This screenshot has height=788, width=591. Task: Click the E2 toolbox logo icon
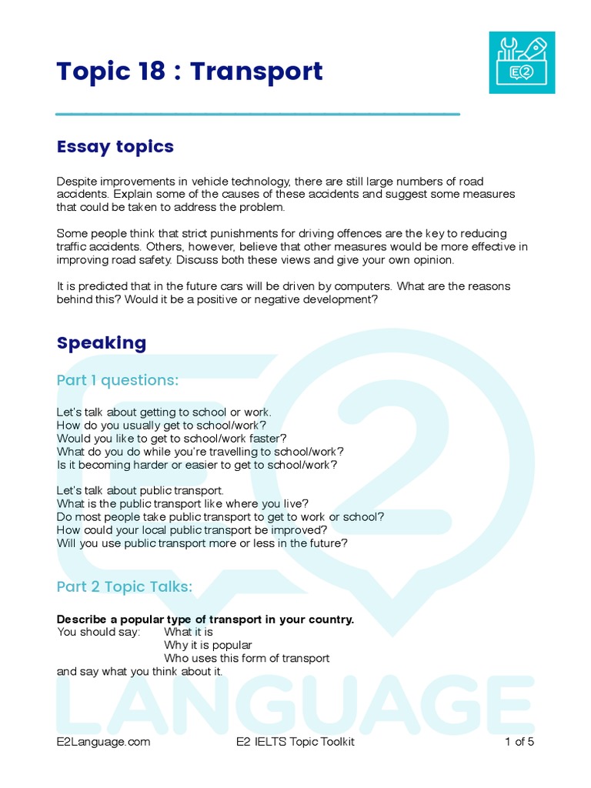coord(522,62)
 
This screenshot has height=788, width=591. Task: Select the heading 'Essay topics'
coord(115,146)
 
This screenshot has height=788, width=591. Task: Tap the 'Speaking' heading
coord(102,342)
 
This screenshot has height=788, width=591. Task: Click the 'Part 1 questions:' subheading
coord(118,380)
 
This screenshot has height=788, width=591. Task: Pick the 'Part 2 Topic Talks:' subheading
coord(125,587)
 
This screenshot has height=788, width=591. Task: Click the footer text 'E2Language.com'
coord(103,742)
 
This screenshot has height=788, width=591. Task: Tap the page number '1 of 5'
coord(519,742)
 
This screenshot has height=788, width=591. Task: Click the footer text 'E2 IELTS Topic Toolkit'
coord(295,742)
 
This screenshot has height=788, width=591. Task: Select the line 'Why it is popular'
coord(208,645)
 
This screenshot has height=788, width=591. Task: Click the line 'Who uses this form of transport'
coord(246,658)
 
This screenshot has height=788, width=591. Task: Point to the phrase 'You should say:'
coord(98,632)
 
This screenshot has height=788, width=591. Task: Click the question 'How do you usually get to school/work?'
coord(162,425)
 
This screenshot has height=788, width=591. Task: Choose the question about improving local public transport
coord(192,530)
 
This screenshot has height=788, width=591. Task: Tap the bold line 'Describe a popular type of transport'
coord(205,619)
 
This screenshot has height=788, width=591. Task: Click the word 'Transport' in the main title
coord(256,72)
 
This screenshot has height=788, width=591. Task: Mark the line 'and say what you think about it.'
coord(139,671)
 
